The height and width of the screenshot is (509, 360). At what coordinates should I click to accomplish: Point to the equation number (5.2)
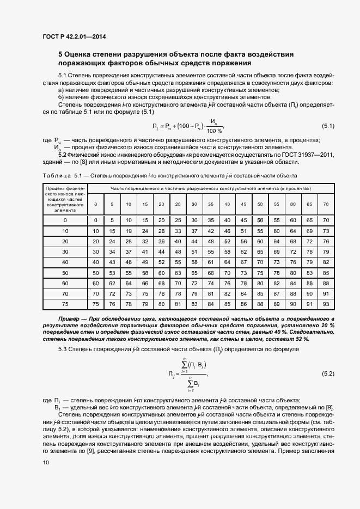coord(328,373)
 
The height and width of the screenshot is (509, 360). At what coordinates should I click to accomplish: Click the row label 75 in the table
coord(65,304)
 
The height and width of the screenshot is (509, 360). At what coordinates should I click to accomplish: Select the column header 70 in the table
coord(326,204)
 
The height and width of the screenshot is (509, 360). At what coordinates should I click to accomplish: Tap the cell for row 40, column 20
coord(161,262)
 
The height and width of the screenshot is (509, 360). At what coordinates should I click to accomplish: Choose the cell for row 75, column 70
coord(326,304)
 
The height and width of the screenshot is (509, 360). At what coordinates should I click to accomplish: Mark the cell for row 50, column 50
coord(260,272)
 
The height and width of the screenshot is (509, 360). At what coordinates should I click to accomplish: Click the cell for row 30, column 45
coord(243,252)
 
